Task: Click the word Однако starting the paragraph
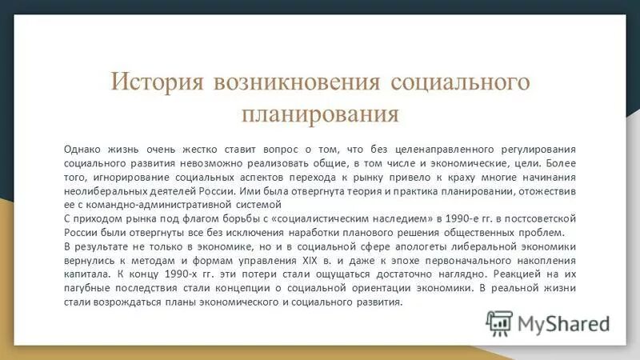82,148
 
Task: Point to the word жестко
186,148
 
